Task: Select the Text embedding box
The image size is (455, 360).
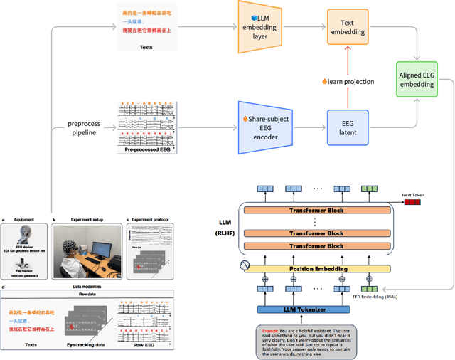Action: click(x=348, y=26)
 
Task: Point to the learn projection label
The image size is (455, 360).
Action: click(x=349, y=81)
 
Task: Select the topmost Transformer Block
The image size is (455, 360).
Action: click(x=317, y=211)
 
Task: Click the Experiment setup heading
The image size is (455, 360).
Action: click(x=88, y=219)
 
